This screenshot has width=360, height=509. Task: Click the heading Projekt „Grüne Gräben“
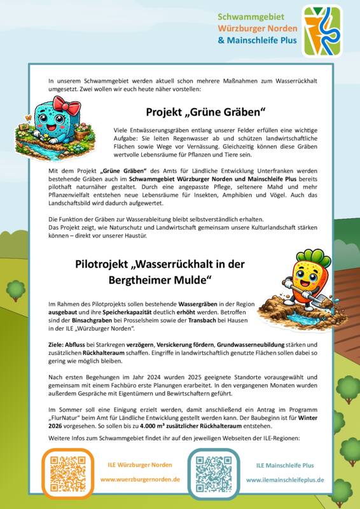(205, 113)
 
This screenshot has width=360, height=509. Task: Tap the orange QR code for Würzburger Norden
(63, 473)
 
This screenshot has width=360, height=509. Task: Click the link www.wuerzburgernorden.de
(140, 479)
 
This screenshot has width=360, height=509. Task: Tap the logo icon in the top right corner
(322, 30)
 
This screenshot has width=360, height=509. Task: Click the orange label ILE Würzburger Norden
(140, 465)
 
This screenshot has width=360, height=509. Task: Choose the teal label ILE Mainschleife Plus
(285, 466)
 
